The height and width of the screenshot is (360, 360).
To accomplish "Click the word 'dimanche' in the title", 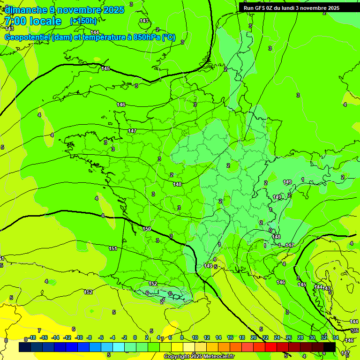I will point(24,10).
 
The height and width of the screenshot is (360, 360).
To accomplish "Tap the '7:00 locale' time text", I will point(32,21).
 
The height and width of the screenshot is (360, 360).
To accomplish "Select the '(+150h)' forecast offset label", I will point(83,21).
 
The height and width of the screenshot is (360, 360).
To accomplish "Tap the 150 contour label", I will point(147,229).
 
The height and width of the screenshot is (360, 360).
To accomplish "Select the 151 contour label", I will point(113,248).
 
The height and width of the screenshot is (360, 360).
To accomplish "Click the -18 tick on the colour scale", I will point(32,337).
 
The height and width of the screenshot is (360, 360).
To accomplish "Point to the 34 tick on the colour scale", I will point(336,337).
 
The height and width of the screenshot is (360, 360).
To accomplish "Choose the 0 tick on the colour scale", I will point(135,337).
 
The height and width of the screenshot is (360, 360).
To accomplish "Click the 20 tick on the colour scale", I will point(254,337).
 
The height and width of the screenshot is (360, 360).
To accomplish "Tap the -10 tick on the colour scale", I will point(79,337).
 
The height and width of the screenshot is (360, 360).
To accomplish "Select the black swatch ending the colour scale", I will point(329,347).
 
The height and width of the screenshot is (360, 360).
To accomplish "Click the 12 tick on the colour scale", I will point(207,337).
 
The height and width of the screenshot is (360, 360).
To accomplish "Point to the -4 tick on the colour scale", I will point(112,337).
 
